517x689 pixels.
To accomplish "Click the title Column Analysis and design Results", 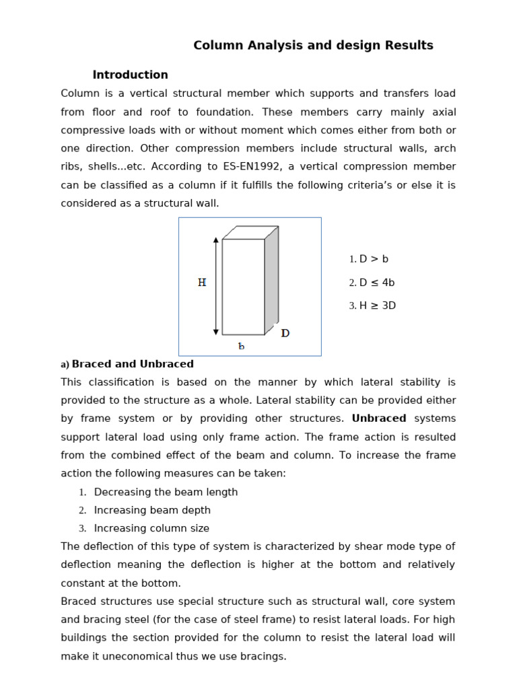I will coord(313,46).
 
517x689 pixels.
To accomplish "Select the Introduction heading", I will coord(130,75).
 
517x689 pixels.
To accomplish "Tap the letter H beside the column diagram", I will coord(202,283).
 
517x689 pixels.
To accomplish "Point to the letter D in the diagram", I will coord(285,333).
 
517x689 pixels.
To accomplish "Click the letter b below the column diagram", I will coord(241,346).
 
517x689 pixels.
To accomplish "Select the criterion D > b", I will coord(374,259).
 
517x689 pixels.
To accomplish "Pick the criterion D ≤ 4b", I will coord(376,283).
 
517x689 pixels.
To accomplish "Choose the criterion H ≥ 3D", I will coord(377,305).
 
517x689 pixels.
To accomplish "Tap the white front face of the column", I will coord(243,287).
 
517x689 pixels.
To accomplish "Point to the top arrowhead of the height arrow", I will coord(216,240).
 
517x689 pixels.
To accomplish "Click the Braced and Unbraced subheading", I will coord(133,364).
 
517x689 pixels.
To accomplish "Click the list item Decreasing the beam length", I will coord(166,492).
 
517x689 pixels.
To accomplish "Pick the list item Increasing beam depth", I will coord(152,510).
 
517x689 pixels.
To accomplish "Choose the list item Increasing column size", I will coord(151,528).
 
